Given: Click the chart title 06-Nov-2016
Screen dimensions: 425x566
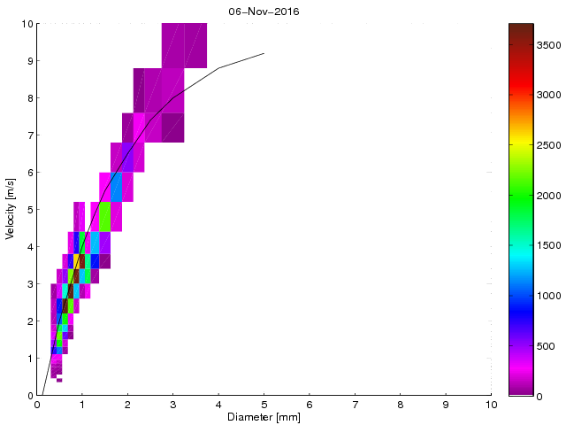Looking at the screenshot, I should [264, 10].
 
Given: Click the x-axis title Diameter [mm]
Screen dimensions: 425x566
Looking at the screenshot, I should [264, 417].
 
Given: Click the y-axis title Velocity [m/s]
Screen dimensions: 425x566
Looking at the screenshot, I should [11, 210].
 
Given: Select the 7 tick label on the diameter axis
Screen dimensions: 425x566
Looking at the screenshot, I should [355, 405].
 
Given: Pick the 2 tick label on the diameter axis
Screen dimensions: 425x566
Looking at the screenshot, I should [127, 405].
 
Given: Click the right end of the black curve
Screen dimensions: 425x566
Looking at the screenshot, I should [264, 54].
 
